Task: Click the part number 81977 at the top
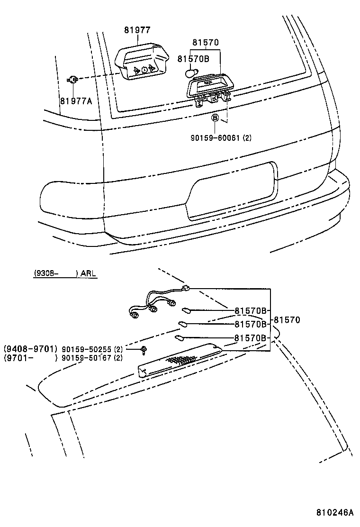click(x=137, y=30)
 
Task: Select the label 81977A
click(x=76, y=101)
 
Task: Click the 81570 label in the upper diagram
click(x=206, y=43)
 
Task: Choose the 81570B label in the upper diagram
click(x=194, y=59)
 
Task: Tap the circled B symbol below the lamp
click(x=215, y=117)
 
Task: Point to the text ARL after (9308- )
click(x=89, y=273)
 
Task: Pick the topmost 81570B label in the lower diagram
click(x=251, y=311)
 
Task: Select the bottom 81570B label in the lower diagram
click(x=251, y=338)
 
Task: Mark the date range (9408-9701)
click(x=31, y=349)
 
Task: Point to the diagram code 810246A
click(x=335, y=513)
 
